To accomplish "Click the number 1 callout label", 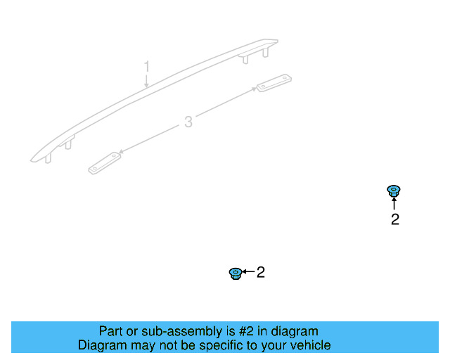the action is [x=147, y=66].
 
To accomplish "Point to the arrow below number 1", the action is [x=146, y=81].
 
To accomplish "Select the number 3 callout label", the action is [x=188, y=122].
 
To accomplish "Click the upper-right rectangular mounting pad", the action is [x=274, y=83].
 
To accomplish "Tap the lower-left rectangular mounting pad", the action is [x=105, y=163].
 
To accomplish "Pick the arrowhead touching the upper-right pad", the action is [x=254, y=89].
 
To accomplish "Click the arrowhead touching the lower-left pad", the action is [x=122, y=152].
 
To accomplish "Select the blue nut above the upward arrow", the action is [x=394, y=191].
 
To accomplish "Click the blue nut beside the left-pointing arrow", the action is [x=236, y=274].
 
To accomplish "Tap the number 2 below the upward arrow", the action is [x=395, y=219].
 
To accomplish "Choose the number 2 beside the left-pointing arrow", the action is [x=261, y=272].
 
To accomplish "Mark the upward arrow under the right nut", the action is [x=394, y=203].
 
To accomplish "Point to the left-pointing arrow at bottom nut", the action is [x=248, y=271].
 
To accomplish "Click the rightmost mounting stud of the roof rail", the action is [x=266, y=53].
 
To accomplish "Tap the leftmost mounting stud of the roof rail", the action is [x=49, y=158].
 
